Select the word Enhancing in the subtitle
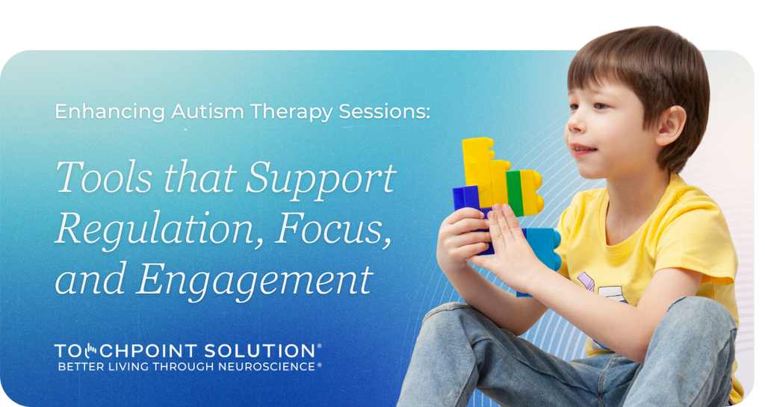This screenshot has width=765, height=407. (x=109, y=112)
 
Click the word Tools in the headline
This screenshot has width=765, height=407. (x=96, y=178)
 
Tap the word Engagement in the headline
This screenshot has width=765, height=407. (x=254, y=280)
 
